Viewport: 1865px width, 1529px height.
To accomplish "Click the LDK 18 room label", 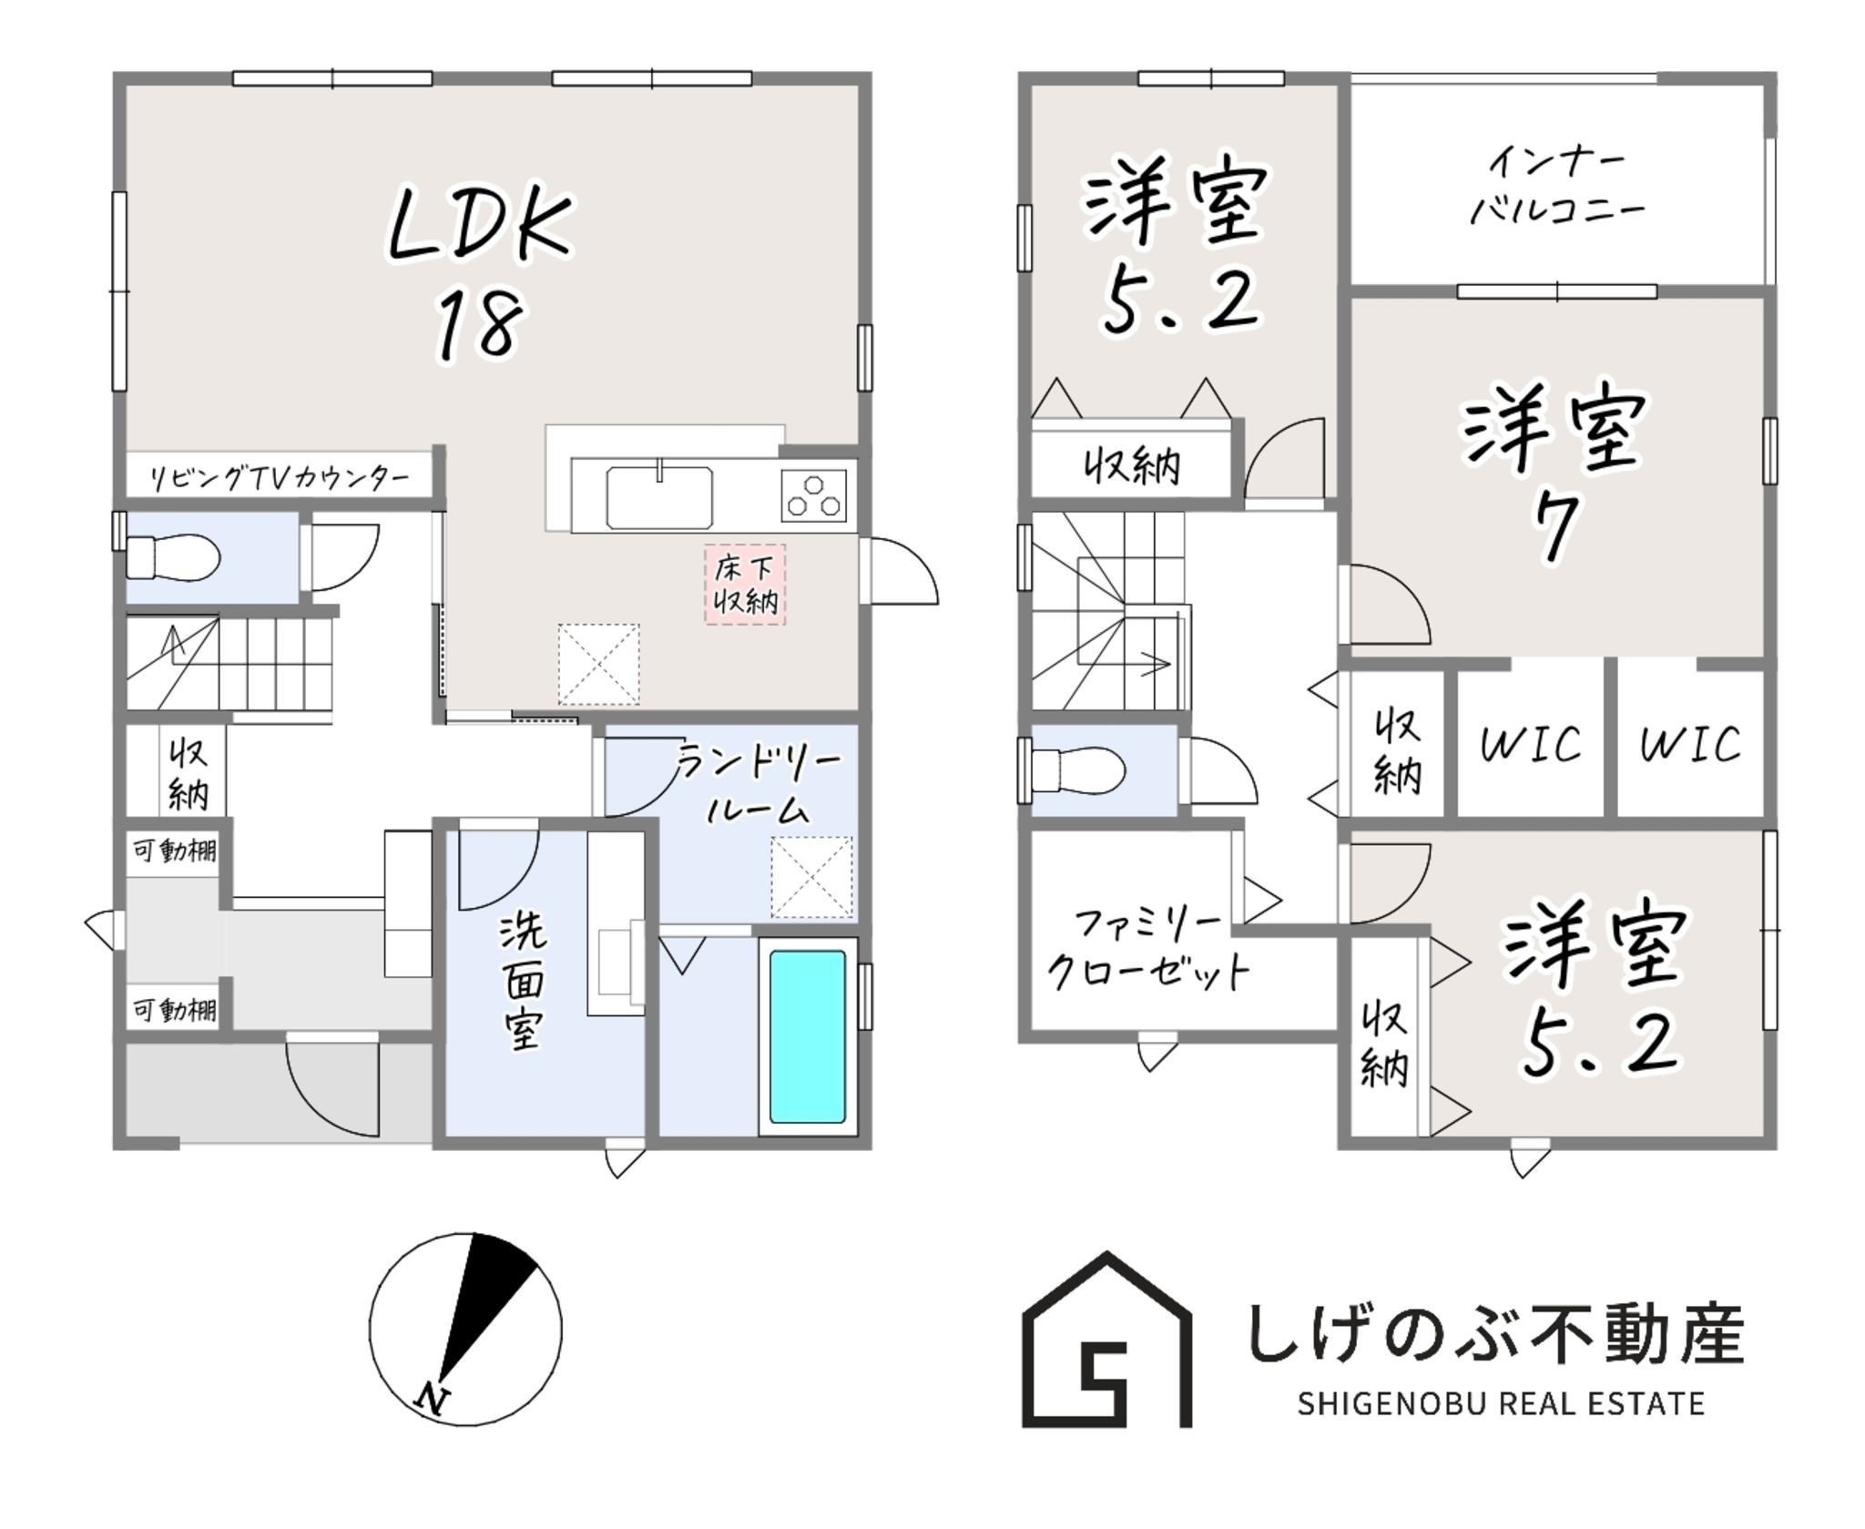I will pos(480,273).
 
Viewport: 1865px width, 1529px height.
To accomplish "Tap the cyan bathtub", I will pos(807,1036).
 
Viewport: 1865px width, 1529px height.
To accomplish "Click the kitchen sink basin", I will pos(659,497).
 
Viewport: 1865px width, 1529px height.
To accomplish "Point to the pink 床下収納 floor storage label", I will pos(745,585).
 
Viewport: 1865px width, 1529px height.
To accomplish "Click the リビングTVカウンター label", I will pos(279,477).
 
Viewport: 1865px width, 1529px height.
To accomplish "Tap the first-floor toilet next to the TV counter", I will pos(173,557).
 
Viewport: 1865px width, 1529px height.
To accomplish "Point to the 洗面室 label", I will pos(523,984).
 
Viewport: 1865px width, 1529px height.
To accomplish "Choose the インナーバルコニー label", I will pos(1557,188).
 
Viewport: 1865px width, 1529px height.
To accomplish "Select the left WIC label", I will pos(1530,744).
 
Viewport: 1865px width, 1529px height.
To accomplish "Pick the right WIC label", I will pos(1690,744).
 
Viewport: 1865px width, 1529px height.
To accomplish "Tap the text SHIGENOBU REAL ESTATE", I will pos(1500,1404).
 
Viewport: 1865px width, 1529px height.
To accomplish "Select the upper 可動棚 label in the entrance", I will pos(175,851).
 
